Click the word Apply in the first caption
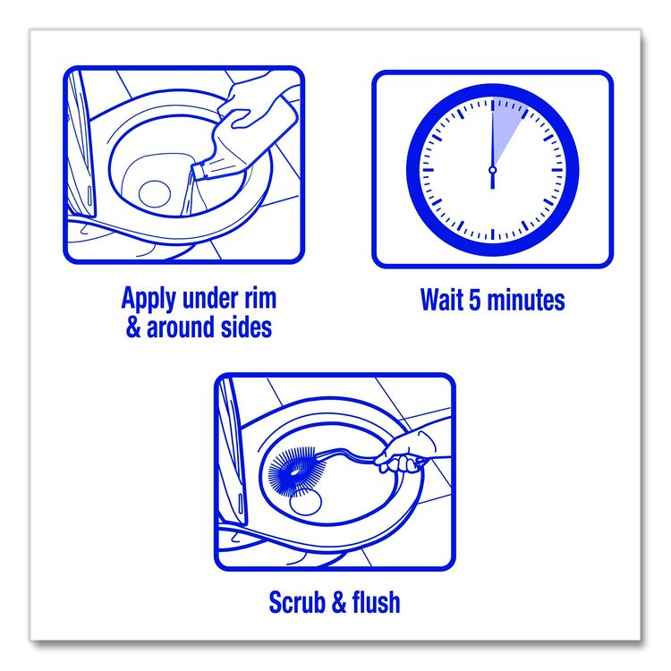tap(149, 299)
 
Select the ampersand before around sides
tap(133, 327)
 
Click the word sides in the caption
tap(246, 327)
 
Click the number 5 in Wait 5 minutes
tap(475, 300)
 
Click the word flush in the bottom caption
tap(376, 602)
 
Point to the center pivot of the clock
tap(492, 170)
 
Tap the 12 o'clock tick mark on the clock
tap(492, 105)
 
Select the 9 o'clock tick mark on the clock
tap(427, 170)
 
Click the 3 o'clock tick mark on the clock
tap(557, 170)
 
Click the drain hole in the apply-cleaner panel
tap(155, 194)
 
